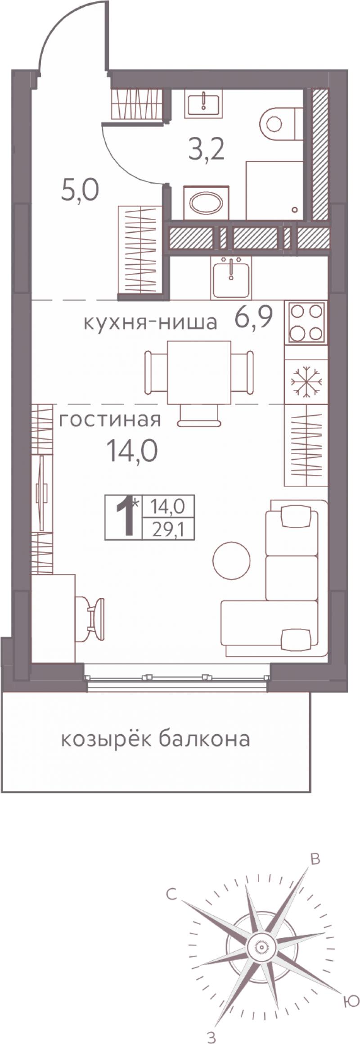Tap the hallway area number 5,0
pos(80,191)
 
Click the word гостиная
pos(110,420)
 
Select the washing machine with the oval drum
pos(207,203)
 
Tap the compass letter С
pos(171,894)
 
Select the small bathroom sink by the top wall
pos(203,103)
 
